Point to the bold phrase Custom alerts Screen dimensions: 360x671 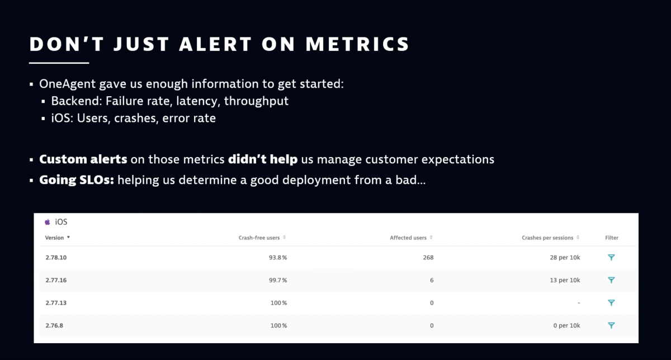pyautogui.click(x=83, y=159)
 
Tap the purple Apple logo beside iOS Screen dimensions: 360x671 pyautogui.click(x=48, y=222)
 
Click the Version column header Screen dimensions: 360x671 pyautogui.click(x=55, y=238)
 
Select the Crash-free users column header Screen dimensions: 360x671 pyautogui.click(x=259, y=238)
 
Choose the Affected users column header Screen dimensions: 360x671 pyautogui.click(x=408, y=238)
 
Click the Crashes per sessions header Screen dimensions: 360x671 pyautogui.click(x=547, y=238)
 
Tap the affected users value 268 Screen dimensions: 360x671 pyautogui.click(x=428, y=258)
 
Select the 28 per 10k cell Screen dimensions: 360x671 pyautogui.click(x=565, y=258)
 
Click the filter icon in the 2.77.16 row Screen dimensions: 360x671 pyautogui.click(x=611, y=280)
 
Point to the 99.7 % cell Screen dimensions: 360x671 pyautogui.click(x=277, y=280)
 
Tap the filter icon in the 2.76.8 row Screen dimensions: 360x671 pyautogui.click(x=611, y=325)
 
